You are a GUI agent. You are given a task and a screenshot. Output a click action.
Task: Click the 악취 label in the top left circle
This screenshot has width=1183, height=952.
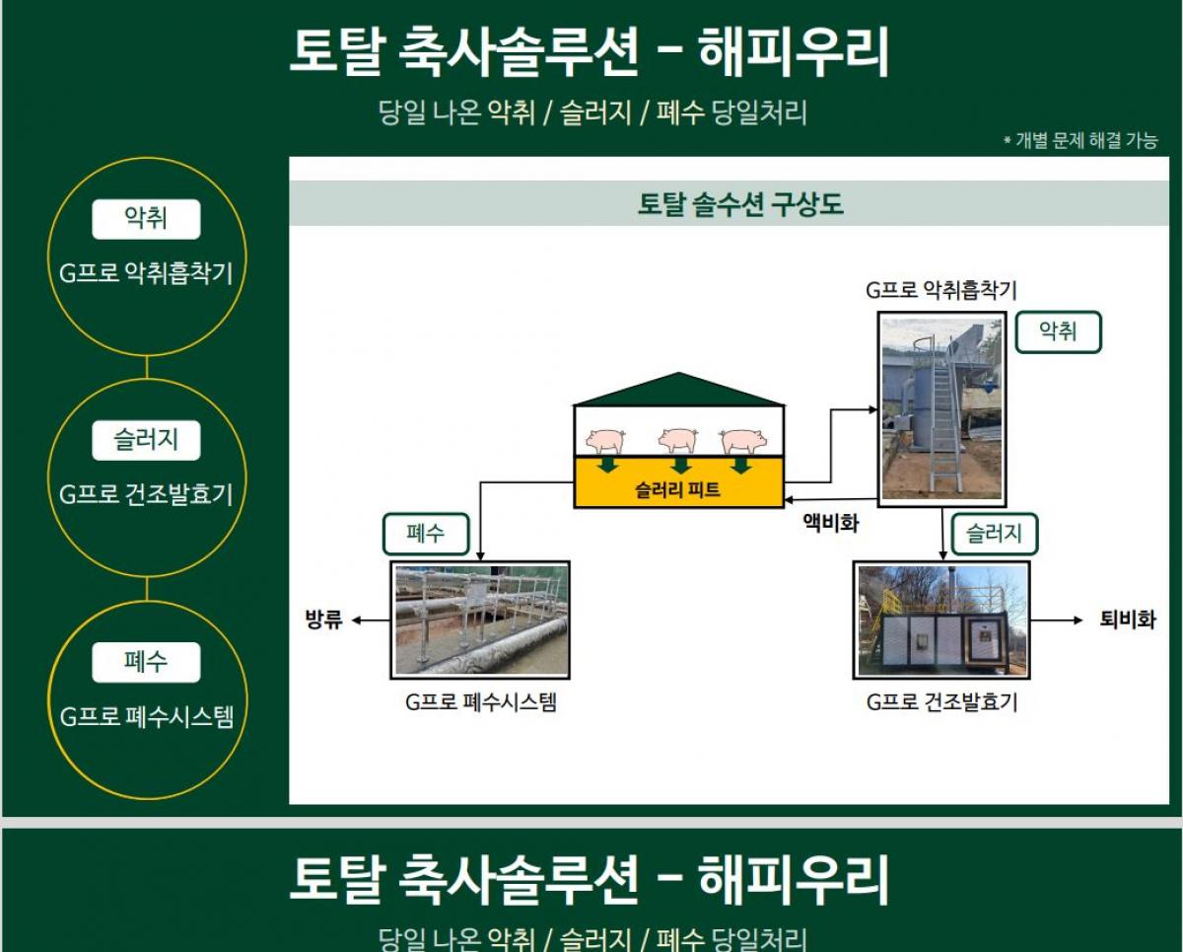(x=146, y=219)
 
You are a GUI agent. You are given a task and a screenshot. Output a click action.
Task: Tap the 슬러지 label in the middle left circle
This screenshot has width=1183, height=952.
(x=146, y=440)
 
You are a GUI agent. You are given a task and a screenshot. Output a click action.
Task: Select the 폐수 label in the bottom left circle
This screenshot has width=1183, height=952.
(x=146, y=662)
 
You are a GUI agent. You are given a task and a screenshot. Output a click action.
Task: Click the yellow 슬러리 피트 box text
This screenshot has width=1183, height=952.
(x=677, y=489)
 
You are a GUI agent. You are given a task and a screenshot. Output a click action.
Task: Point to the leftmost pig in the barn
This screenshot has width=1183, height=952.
(x=605, y=440)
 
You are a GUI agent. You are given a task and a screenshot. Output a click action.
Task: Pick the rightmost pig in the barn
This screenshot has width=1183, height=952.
(x=743, y=441)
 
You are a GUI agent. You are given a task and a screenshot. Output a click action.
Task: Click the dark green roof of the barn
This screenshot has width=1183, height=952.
(x=679, y=390)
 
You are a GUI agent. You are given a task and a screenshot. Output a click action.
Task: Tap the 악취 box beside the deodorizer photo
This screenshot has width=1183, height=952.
(x=1058, y=331)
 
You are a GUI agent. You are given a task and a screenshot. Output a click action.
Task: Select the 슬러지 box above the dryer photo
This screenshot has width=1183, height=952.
(x=995, y=534)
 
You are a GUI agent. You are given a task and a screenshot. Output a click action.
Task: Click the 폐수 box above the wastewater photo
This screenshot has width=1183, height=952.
(x=426, y=534)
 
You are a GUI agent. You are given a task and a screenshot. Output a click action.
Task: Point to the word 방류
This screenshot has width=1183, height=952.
(x=323, y=620)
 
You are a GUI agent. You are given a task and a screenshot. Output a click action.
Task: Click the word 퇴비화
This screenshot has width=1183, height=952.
(x=1127, y=620)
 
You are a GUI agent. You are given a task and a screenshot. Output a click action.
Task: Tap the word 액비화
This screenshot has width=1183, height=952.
(x=831, y=523)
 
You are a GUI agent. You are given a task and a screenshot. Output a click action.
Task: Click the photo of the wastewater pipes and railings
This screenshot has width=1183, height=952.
(x=480, y=621)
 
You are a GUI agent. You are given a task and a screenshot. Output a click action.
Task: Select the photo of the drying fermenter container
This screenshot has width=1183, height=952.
(x=941, y=621)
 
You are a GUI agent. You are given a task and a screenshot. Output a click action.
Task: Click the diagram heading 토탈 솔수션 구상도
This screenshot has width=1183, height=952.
(x=740, y=203)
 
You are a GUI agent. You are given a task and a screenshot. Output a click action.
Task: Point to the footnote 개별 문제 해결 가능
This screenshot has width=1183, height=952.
(x=1085, y=140)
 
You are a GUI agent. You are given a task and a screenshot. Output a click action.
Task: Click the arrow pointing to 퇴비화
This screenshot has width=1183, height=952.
(x=1056, y=621)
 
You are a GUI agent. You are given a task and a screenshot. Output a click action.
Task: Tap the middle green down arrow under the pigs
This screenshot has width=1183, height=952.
(x=681, y=465)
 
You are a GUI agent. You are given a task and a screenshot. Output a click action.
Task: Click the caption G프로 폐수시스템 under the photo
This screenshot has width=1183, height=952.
(x=481, y=702)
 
